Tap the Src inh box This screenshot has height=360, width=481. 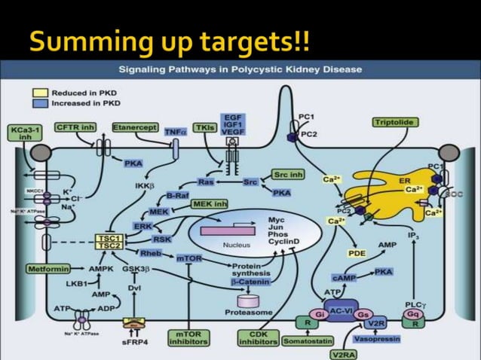click(289, 174)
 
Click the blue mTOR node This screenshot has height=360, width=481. click(188, 258)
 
